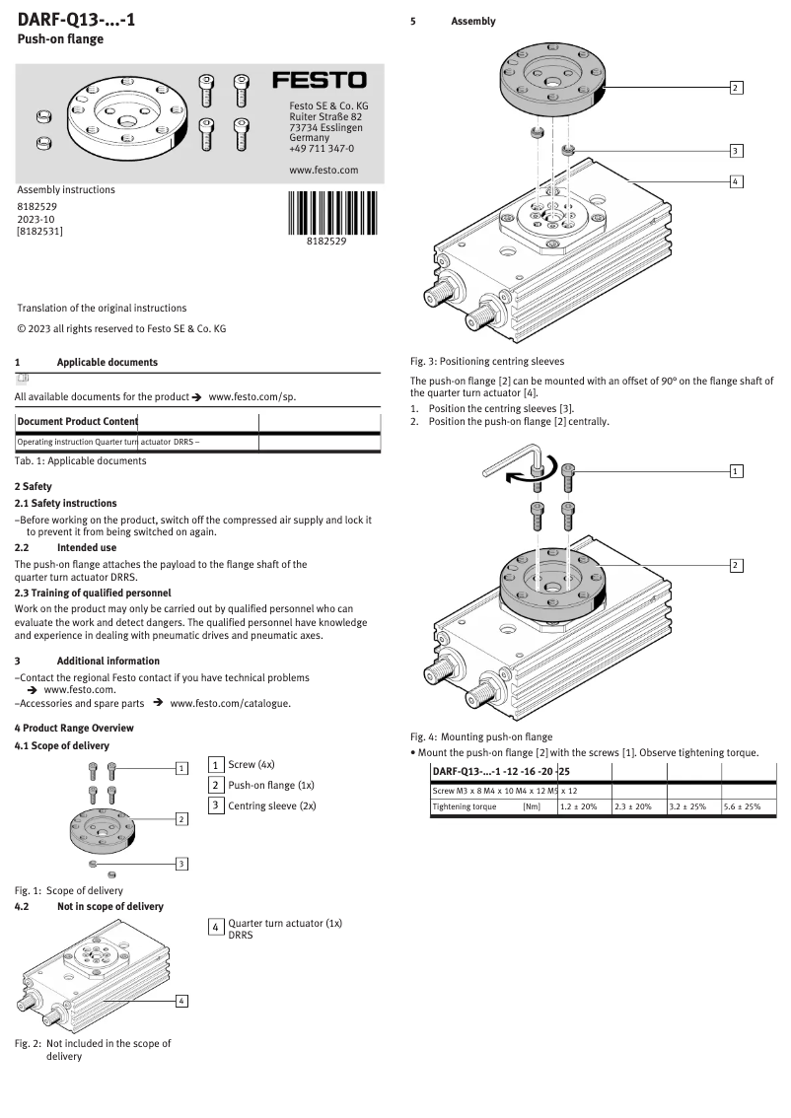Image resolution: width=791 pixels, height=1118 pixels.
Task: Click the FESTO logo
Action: pos(319,80)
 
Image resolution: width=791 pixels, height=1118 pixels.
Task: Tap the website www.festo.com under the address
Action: pos(323,170)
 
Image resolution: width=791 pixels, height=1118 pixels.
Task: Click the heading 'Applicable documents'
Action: pos(107,363)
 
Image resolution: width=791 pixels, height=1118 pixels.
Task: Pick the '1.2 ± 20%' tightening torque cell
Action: pos(579,806)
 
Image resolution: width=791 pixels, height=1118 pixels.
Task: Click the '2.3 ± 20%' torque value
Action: pos(633,806)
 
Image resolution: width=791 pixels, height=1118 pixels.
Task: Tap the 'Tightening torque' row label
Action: pos(465,806)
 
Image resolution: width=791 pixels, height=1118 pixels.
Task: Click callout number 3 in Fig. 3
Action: pos(736,151)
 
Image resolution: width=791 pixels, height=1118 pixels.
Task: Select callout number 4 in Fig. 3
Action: pos(736,181)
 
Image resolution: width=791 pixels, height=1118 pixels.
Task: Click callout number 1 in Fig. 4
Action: pos(736,470)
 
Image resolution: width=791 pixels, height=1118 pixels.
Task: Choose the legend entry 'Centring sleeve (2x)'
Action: pos(271,805)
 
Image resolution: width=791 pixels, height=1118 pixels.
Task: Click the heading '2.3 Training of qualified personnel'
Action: pos(93,593)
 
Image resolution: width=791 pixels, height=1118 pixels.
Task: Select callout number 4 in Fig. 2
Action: pos(181,1002)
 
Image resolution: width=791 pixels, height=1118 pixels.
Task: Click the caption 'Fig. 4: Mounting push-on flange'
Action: pos(481,736)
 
